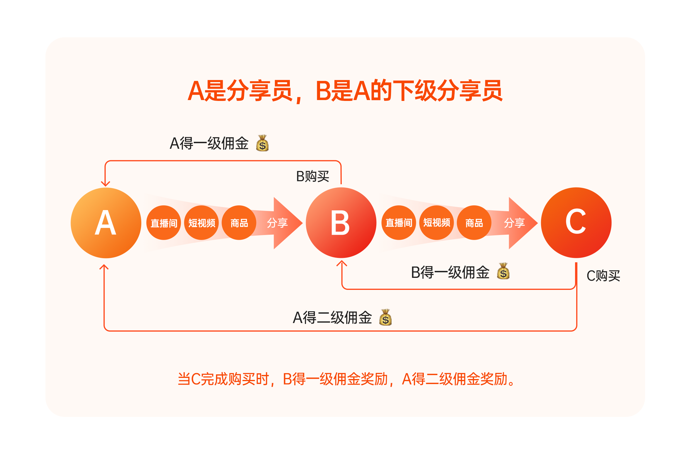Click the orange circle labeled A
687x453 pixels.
pos(106,223)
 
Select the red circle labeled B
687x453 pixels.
pos(341,223)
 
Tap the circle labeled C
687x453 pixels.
pos(576,223)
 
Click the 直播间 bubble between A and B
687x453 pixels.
pos(164,223)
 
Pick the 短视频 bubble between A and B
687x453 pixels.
pos(201,223)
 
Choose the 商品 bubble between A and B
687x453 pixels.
pos(239,223)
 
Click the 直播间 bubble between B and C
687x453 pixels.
pos(399,223)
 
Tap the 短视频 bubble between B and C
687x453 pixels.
pos(436,223)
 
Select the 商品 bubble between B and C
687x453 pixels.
pos(474,223)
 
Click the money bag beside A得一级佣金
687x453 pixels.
pos(262,143)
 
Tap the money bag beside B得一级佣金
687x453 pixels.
pos(503,271)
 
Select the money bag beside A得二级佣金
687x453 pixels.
pos(385,317)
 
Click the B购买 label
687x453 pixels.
pos(312,177)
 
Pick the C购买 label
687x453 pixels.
pos(603,276)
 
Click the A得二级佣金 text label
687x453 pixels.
pos(332,318)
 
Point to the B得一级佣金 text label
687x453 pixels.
pos(450,273)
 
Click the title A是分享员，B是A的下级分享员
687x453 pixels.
pos(345,91)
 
